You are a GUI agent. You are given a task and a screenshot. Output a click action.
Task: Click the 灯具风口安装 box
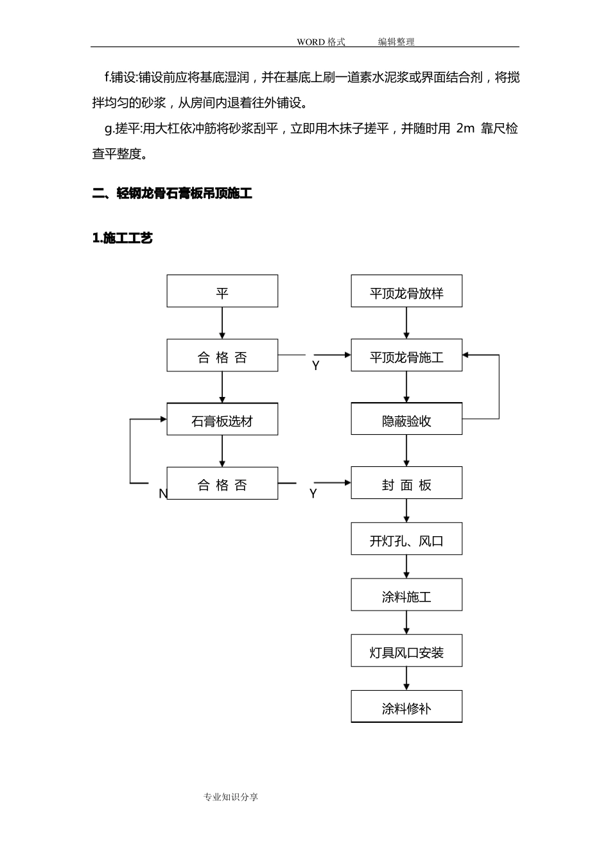(406, 652)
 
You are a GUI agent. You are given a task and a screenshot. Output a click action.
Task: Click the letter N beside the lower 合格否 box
(162, 493)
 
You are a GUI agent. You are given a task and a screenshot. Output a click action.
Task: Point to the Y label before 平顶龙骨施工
(315, 366)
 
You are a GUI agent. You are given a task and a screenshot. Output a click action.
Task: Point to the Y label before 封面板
(313, 493)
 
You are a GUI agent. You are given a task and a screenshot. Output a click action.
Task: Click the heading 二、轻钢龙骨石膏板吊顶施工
(172, 193)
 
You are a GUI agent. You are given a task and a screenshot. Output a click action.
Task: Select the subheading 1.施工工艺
(123, 238)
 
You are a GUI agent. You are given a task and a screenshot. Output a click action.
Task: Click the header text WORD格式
(320, 42)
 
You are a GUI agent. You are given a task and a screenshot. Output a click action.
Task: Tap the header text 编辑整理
(396, 42)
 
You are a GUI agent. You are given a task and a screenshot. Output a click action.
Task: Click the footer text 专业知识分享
(231, 797)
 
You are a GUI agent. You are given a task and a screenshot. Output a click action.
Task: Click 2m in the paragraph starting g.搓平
(465, 128)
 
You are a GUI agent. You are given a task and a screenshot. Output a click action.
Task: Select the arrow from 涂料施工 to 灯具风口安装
(406, 623)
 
